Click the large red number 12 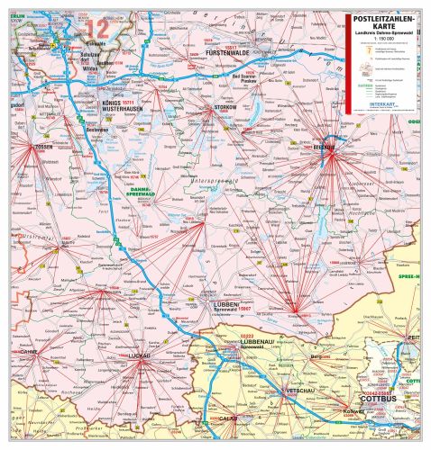98,29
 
